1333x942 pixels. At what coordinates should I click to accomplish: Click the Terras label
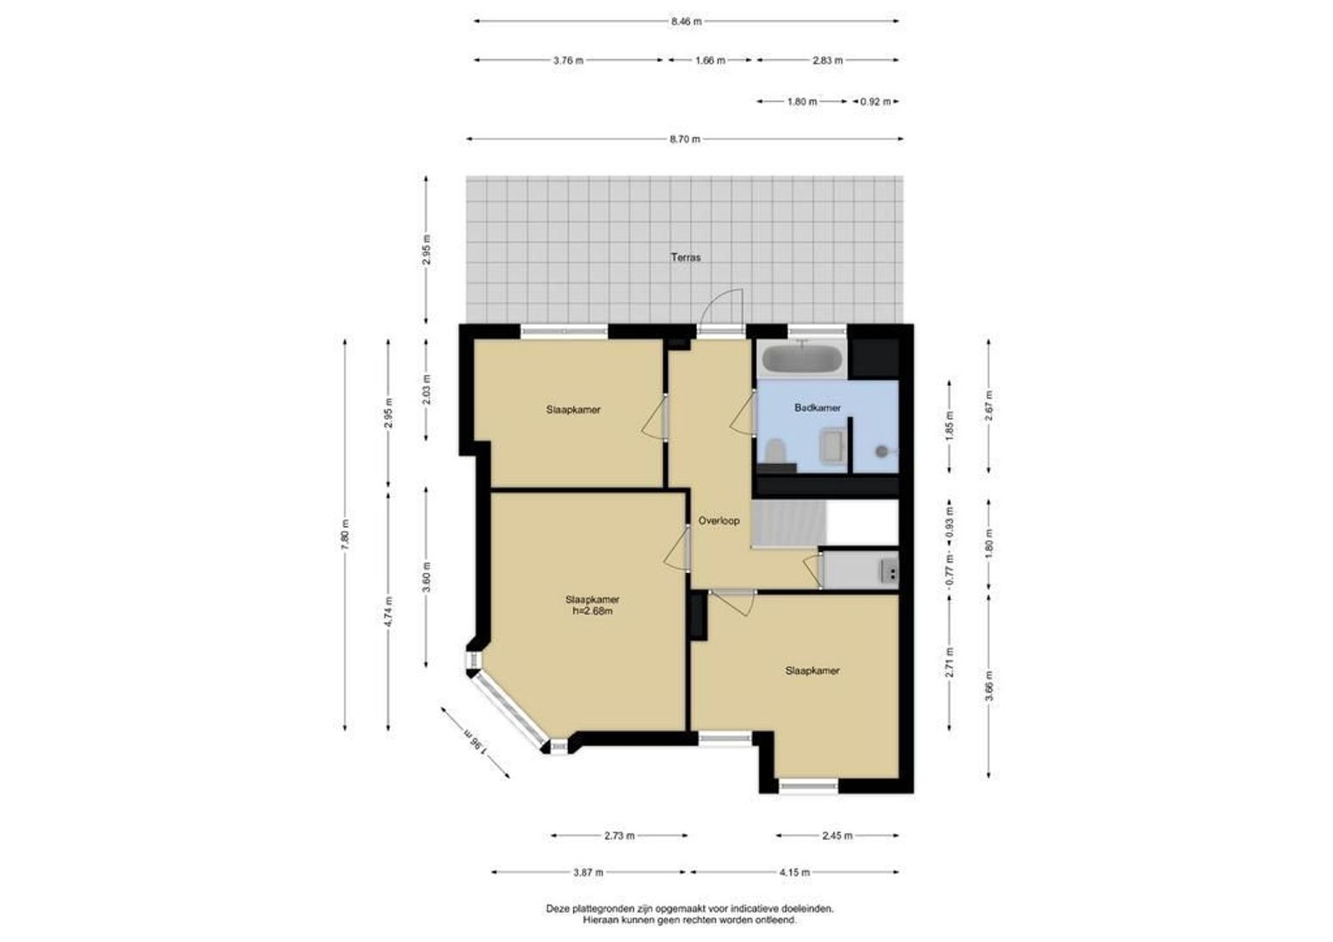pos(686,257)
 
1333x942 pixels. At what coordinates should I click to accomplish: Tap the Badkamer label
pos(817,407)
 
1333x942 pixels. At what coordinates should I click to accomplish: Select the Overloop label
pos(719,521)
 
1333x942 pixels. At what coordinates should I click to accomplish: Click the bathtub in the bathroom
pos(803,358)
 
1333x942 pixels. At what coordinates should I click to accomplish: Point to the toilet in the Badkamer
pos(774,451)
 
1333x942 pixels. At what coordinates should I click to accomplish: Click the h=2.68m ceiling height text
pos(592,611)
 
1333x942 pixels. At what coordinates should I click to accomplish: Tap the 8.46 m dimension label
pos(687,22)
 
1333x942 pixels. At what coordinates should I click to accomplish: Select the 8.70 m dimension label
pos(685,140)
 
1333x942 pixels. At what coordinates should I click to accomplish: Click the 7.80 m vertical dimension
pos(345,535)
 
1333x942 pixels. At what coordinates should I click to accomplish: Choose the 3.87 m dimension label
pos(588,872)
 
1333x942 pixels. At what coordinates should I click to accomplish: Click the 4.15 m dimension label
pos(795,872)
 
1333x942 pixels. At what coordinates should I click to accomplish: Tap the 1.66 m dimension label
pos(710,60)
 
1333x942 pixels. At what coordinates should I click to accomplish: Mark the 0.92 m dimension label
pos(875,102)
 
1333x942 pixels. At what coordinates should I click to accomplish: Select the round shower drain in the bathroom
pos(881,452)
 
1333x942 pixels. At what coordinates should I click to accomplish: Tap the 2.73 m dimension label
pos(619,836)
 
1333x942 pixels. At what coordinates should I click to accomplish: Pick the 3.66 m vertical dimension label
pos(988,686)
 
